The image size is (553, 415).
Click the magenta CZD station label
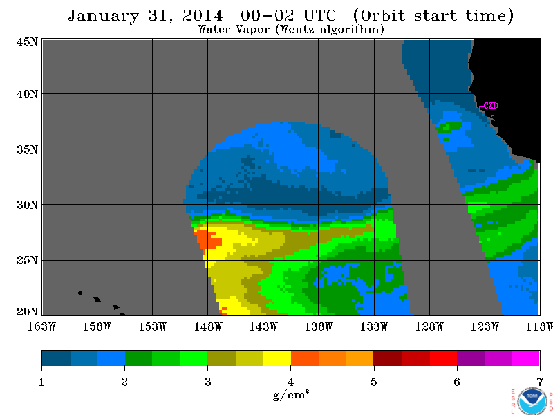pyautogui.click(x=491, y=106)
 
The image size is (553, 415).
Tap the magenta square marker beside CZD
pyautogui.click(x=482, y=109)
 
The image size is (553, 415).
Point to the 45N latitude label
pyautogui.click(x=27, y=41)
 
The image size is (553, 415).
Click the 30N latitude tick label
pyautogui.click(x=27, y=205)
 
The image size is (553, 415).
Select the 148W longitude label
pyautogui.click(x=208, y=326)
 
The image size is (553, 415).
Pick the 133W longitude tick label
pyautogui.click(x=374, y=326)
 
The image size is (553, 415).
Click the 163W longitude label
pyautogui.click(x=41, y=326)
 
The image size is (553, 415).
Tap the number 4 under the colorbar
pyautogui.click(x=290, y=382)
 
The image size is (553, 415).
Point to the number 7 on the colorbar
pyautogui.click(x=540, y=382)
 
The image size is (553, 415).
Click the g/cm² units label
pyautogui.click(x=291, y=394)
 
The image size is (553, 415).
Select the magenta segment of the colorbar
pyautogui.click(x=525, y=358)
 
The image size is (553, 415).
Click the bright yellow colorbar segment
pyautogui.click(x=277, y=358)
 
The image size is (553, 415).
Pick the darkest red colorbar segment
pyautogui.click(x=388, y=358)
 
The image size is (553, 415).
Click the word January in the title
pyautogui.click(x=103, y=16)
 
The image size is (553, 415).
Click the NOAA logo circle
pyautogui.click(x=532, y=401)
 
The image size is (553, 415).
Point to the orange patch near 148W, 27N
pyautogui.click(x=209, y=240)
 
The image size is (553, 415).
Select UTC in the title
pyautogui.click(x=320, y=15)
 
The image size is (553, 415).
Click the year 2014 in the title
pyautogui.click(x=203, y=16)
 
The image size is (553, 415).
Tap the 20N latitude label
pyautogui.click(x=27, y=312)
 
